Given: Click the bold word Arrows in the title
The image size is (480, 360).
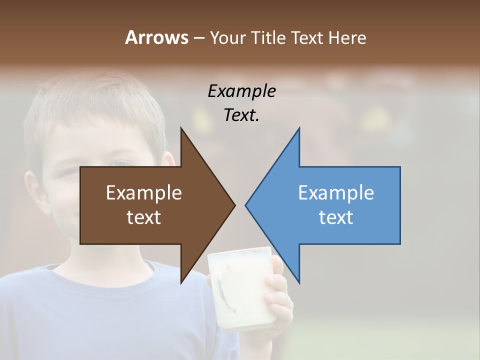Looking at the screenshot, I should click(x=156, y=37).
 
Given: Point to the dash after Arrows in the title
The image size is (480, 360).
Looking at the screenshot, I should click(x=198, y=38).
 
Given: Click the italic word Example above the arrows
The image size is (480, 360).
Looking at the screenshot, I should click(x=241, y=91).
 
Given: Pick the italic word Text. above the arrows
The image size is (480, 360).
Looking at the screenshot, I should click(x=241, y=115).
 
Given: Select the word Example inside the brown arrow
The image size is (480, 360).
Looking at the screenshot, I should click(x=144, y=193).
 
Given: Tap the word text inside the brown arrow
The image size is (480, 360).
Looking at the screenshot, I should click(x=144, y=217).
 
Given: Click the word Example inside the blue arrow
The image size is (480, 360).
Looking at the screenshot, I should click(x=336, y=193).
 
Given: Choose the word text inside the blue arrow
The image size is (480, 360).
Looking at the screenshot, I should click(x=336, y=217).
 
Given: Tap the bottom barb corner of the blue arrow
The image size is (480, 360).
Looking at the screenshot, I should click(x=299, y=282).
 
